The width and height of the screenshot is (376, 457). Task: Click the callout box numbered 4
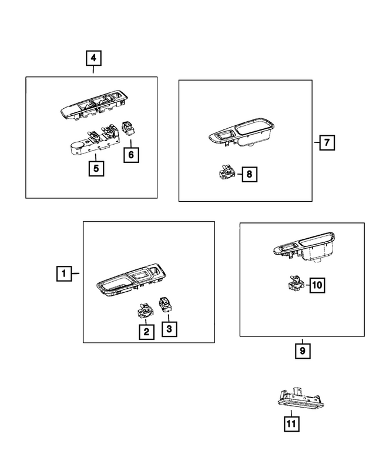coord(94,58)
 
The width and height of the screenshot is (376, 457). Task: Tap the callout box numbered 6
coord(131,155)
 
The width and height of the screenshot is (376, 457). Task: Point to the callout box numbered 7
coord(327,142)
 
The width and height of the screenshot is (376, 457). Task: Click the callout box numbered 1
coord(64,273)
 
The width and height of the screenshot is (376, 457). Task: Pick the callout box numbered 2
coord(146,332)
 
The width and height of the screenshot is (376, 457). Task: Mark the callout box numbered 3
coord(169,329)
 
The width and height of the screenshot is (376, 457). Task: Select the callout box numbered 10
coord(317,286)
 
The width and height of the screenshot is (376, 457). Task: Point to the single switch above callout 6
coord(127,129)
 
